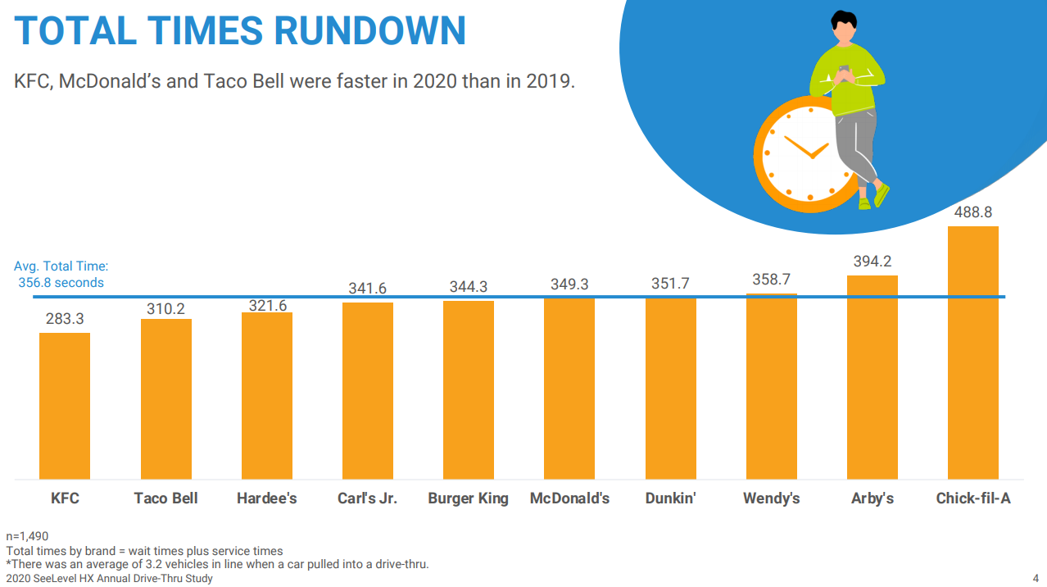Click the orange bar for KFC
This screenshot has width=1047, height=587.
[65, 406]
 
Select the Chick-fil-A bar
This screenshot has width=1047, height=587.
[972, 353]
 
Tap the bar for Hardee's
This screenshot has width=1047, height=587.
[267, 396]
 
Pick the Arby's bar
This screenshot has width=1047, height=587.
[872, 377]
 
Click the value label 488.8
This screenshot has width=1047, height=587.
[972, 212]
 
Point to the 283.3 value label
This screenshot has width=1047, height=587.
[65, 319]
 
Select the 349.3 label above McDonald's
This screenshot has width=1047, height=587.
[569, 284]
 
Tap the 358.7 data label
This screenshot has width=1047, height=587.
[771, 280]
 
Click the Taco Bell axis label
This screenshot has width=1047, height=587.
[165, 498]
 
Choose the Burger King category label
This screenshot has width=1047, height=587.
[468, 498]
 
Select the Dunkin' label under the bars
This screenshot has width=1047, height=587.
[670, 498]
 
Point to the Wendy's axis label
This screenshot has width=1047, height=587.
[771, 498]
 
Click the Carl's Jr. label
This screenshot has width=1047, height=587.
[367, 498]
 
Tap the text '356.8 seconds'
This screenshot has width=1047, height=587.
[61, 283]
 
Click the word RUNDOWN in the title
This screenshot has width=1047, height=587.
[369, 30]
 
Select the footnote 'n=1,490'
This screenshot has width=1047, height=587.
[27, 537]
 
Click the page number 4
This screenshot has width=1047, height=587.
[1036, 577]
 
